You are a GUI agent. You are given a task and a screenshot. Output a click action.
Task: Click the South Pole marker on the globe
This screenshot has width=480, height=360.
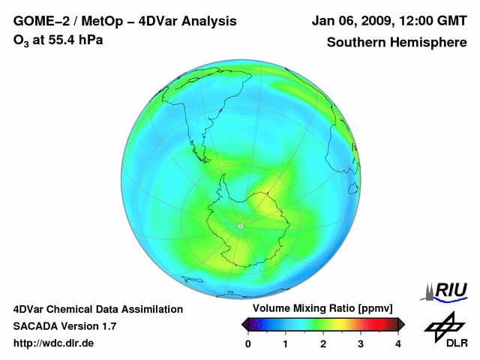pos(241,226)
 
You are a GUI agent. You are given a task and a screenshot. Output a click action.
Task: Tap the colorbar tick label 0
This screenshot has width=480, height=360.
pos(248,343)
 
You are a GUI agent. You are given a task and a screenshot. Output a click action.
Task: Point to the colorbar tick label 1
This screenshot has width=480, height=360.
pos(286,343)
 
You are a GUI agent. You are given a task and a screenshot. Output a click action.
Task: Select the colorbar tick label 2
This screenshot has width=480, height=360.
pos(323,343)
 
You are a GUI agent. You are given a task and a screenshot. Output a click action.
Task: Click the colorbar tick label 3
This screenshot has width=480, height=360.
pos(361,343)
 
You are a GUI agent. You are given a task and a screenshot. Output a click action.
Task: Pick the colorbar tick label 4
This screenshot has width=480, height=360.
pos(398,343)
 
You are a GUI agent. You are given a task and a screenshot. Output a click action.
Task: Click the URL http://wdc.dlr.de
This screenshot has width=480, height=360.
pos(54,343)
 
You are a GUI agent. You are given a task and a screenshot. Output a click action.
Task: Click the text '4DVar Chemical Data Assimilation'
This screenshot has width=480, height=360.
pos(97,309)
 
